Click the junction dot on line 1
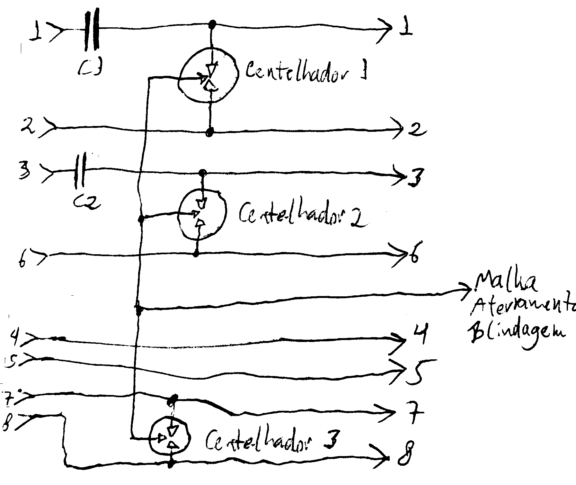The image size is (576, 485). [x=212, y=24]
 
